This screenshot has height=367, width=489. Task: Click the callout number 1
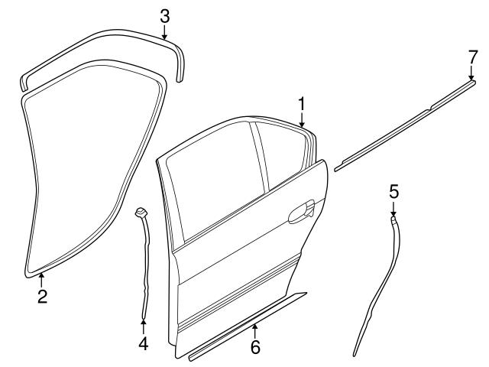(302, 103)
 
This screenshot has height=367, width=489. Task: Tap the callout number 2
(43, 295)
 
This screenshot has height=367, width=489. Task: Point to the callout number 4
(143, 343)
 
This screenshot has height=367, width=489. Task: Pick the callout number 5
(393, 190)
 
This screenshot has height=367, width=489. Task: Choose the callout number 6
(255, 347)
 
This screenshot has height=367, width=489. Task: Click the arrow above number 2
(42, 278)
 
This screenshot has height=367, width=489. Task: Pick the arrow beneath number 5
(393, 208)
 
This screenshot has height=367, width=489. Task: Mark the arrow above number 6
(254, 330)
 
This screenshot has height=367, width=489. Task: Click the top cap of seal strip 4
(140, 211)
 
